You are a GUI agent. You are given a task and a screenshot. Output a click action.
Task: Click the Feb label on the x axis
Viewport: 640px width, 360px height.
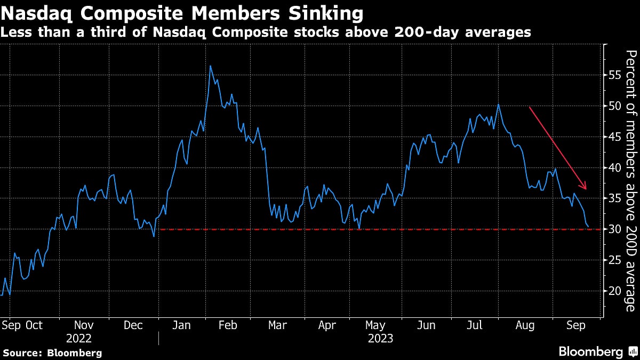[x=228, y=325]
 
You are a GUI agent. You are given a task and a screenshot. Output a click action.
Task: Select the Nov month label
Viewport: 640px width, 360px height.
[x=84, y=325]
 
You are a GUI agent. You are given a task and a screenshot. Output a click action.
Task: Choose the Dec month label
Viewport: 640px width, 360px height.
[x=133, y=325]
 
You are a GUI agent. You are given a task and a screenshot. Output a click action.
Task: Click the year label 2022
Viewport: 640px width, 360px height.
[x=79, y=339]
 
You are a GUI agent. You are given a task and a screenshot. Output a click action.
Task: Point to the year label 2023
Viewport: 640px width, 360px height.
[x=380, y=339]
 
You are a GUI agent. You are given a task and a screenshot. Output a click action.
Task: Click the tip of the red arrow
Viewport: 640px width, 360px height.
[x=586, y=189]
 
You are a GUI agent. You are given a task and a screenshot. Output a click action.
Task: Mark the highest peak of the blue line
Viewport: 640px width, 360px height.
[x=210, y=66]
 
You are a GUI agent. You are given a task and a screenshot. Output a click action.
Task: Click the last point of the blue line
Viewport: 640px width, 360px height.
[x=588, y=227]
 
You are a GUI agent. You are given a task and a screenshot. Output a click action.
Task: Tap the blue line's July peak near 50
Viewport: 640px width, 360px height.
[x=498, y=104]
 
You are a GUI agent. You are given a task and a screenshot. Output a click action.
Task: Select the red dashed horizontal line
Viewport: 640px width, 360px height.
[x=373, y=229]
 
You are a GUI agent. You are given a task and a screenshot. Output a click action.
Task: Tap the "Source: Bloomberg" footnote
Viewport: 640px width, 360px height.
[x=52, y=353]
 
